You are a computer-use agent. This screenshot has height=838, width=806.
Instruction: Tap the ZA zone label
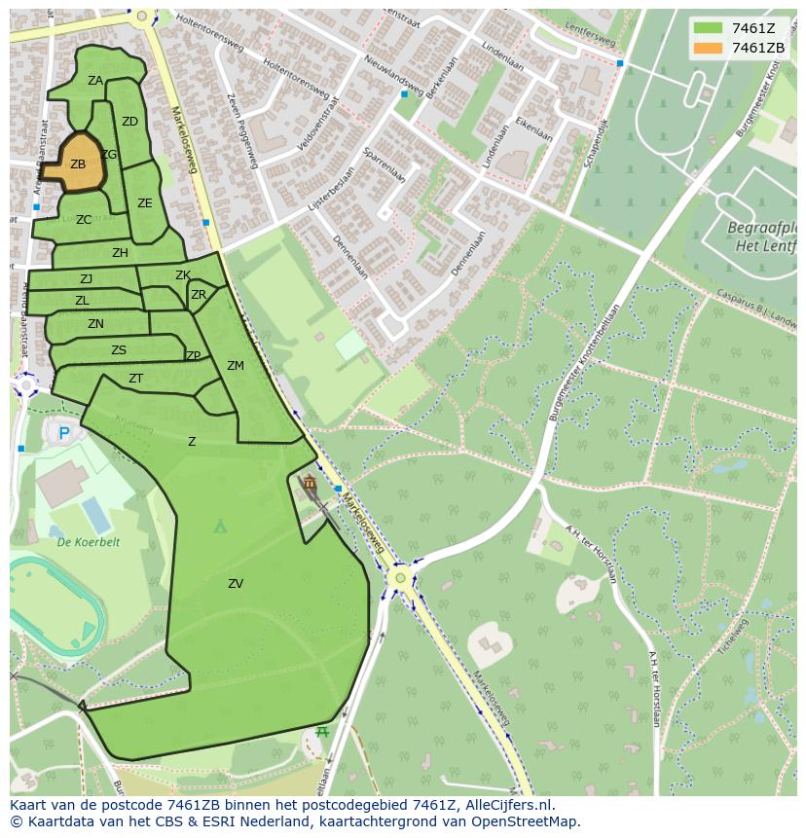point(95,81)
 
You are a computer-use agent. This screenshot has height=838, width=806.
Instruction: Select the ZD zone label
point(129,122)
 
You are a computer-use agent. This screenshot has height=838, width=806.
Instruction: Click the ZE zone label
point(145,203)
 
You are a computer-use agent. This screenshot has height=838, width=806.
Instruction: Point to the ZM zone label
point(236,366)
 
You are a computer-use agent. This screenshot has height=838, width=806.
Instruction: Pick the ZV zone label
point(236,584)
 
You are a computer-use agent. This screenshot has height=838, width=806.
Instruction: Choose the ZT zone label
point(136,379)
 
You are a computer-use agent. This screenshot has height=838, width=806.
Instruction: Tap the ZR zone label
point(199,295)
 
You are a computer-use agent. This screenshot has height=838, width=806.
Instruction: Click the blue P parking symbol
point(64,434)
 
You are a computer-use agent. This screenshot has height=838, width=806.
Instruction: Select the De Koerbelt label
point(88,542)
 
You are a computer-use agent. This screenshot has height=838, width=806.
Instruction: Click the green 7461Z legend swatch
point(708,28)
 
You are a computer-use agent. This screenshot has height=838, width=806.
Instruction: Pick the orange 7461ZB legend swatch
point(708,48)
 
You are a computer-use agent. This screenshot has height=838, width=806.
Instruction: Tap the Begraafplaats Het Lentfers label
point(761,236)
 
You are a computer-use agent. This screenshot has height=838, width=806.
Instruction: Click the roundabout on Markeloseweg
point(399,578)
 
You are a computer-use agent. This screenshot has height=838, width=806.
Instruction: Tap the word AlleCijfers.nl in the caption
point(509,805)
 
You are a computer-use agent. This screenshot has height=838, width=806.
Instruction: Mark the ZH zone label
point(120,253)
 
